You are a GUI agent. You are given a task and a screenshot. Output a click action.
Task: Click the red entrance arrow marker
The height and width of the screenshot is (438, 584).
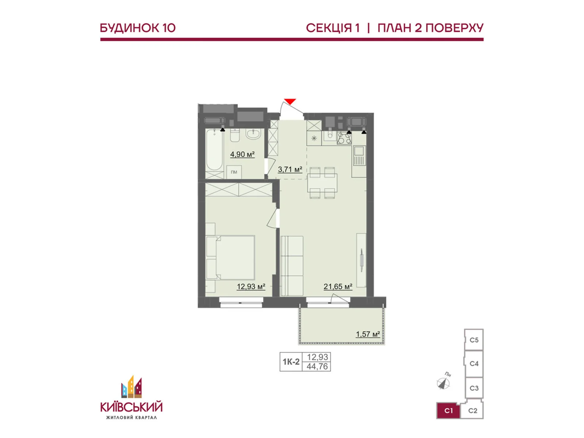290,101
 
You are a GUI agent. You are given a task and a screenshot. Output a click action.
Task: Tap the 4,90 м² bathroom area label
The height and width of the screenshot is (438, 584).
242,154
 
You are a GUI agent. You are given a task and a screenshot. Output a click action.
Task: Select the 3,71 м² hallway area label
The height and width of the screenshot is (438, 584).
290,169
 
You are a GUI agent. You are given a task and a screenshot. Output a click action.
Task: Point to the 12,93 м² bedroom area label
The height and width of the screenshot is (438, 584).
251,287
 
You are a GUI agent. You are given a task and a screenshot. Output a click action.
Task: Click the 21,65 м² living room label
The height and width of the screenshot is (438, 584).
338,287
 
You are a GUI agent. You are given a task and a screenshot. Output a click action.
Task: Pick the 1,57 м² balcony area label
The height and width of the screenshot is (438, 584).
368,334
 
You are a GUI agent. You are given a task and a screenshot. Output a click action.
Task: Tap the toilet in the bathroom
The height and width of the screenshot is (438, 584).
235,135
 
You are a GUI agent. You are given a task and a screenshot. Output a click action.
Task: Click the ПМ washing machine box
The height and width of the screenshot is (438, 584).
234,172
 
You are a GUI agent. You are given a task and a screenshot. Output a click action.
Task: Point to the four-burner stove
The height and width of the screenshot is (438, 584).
344,138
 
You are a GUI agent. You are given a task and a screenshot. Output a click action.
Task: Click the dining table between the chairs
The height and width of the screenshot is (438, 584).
322,183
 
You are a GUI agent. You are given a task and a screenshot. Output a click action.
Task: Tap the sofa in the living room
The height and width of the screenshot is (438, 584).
292,265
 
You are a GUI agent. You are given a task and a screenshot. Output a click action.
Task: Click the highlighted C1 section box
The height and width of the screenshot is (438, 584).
448,411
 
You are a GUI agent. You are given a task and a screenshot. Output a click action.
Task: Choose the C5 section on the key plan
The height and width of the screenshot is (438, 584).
474,340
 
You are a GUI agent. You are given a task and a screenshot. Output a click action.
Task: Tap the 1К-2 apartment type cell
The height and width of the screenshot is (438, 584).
291,362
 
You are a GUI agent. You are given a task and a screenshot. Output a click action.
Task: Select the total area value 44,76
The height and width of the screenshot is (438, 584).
317,366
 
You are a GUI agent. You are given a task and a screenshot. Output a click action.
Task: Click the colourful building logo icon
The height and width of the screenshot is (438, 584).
131,387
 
